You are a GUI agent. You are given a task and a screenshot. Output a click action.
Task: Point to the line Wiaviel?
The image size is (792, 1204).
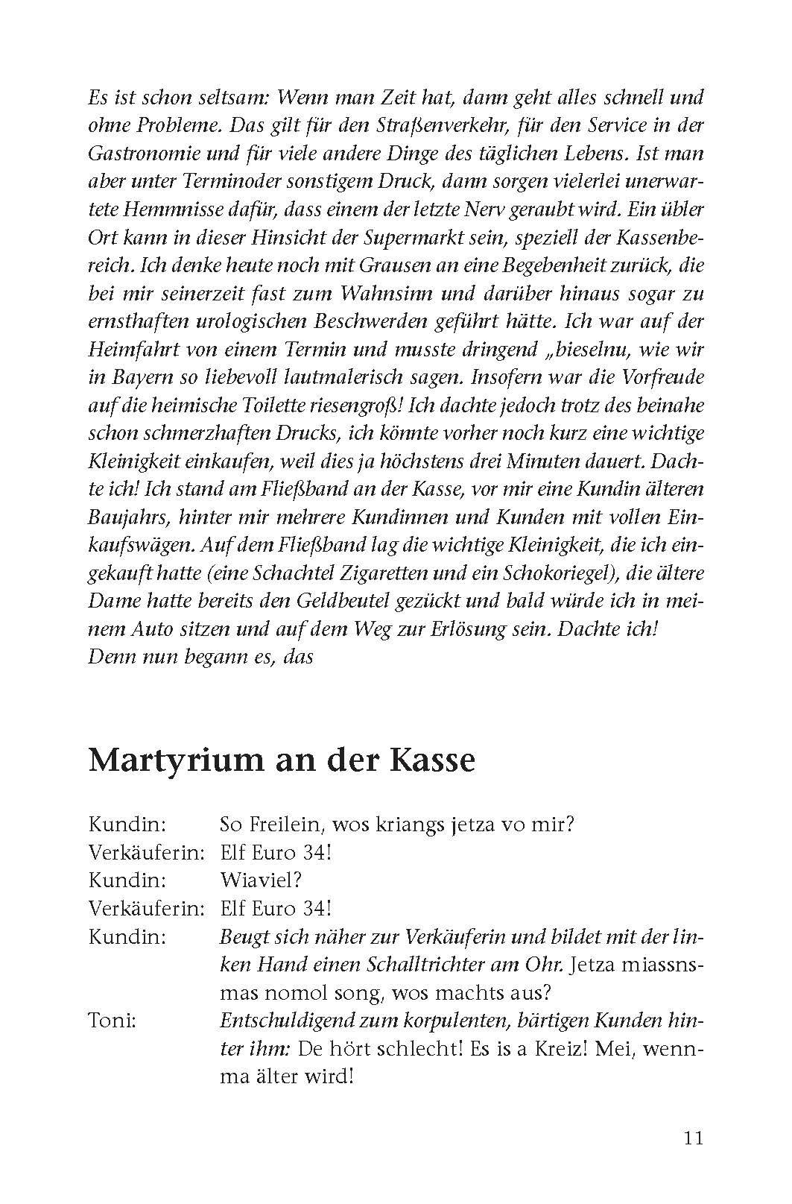[x=261, y=880]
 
